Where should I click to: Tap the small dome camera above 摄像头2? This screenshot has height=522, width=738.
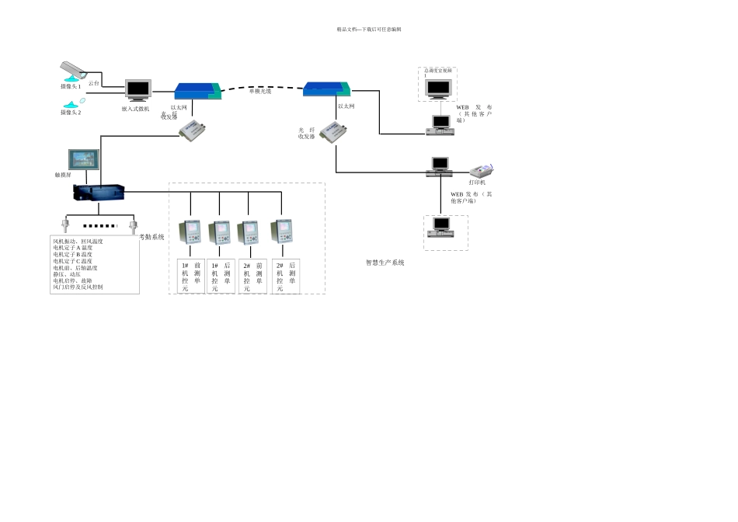72,103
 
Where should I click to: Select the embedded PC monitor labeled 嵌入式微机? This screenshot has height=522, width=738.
138,90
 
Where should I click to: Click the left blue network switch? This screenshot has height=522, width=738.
197,91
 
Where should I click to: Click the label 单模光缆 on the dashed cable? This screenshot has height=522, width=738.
260,92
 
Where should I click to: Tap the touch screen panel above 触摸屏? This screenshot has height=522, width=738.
84,159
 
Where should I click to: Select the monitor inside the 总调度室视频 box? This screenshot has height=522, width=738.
438,87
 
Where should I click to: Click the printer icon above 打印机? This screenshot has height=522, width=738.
482,170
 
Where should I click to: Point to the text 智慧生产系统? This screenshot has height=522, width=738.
385,263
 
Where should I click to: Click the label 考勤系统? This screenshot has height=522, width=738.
152,237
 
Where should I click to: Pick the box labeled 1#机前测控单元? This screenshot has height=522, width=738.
191,277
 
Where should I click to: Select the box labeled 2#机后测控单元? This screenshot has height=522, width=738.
286,277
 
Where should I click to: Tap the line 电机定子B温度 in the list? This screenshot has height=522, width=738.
72,255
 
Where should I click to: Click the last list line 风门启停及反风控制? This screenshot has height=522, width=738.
78,287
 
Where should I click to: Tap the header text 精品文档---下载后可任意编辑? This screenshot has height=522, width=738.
369,30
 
